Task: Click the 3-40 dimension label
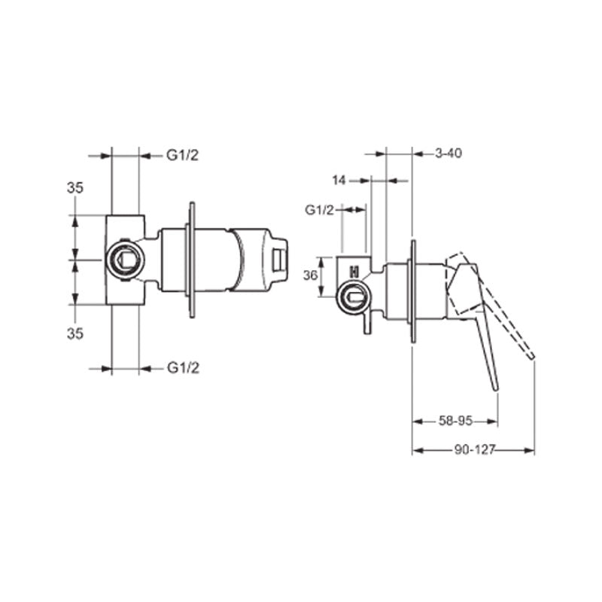click(x=448, y=154)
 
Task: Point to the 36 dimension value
click(x=309, y=276)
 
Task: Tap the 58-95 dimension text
click(x=455, y=421)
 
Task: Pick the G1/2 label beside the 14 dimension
click(x=319, y=210)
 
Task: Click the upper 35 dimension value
click(x=74, y=188)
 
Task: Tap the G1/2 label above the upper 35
click(x=182, y=156)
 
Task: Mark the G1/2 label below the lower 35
click(x=182, y=367)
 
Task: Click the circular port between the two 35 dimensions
click(x=124, y=260)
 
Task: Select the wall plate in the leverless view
click(x=192, y=260)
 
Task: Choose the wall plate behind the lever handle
click(x=413, y=293)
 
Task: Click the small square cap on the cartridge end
click(x=281, y=260)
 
